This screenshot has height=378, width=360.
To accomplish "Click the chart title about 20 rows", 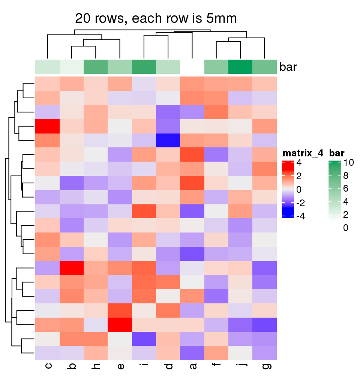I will (x=156, y=18).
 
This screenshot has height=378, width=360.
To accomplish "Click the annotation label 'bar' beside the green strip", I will (x=288, y=67).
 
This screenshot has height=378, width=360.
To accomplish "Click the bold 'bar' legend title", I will (x=337, y=153).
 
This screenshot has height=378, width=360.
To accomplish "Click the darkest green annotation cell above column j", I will (x=240, y=67).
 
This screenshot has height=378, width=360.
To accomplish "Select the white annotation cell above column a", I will (x=192, y=67).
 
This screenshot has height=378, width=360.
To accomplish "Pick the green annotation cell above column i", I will (x=144, y=67).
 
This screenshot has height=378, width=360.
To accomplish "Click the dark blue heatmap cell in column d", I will (x=168, y=140).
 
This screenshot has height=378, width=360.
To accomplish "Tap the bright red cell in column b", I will (x=71, y=267).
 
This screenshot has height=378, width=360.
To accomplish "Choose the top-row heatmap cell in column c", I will (x=47, y=83).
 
